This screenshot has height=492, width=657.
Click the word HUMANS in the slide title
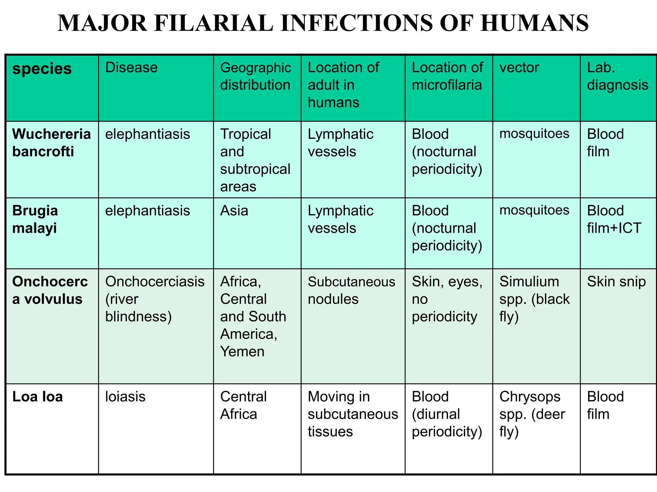(x=534, y=23)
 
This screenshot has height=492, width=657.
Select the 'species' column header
(x=42, y=69)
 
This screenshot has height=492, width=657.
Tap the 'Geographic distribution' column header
(x=255, y=76)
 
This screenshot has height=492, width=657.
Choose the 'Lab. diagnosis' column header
(x=617, y=76)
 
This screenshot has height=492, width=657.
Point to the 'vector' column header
(x=519, y=68)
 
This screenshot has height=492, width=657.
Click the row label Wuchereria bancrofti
(x=51, y=143)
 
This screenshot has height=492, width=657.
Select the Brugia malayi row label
(x=35, y=219)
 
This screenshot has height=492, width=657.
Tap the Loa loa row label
(x=38, y=397)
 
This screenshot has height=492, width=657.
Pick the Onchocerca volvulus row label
(x=50, y=290)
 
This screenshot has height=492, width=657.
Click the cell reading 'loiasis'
(x=125, y=397)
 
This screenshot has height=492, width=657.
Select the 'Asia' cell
(x=234, y=211)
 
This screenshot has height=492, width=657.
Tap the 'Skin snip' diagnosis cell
(x=616, y=282)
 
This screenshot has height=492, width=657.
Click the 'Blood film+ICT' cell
(x=614, y=219)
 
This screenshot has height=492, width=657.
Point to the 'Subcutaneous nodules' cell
(x=351, y=290)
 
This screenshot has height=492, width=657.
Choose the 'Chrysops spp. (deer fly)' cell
(x=532, y=414)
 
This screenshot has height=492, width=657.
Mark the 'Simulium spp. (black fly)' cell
(x=534, y=299)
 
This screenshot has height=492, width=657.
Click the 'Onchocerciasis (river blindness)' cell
(x=155, y=299)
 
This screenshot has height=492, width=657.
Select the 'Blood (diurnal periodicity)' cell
(x=447, y=414)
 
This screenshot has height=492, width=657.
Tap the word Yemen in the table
(x=242, y=351)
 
